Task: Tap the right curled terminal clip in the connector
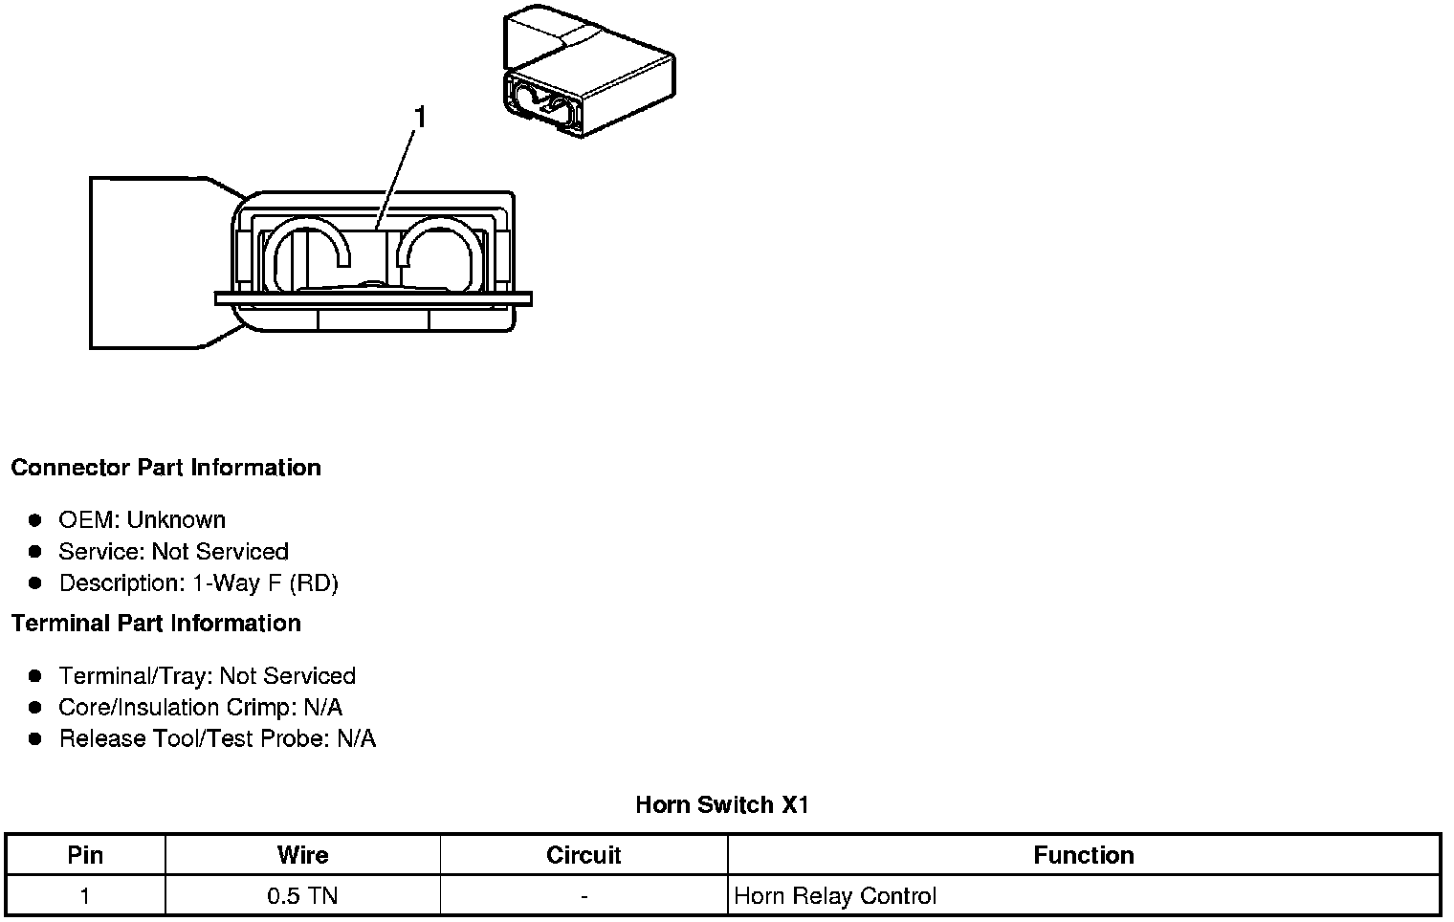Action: tap(438, 252)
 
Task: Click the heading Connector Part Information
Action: tap(165, 468)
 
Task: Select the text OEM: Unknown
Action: tap(142, 520)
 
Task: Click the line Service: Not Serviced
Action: tap(173, 552)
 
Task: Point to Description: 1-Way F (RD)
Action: tap(198, 583)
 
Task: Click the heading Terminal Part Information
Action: tap(156, 624)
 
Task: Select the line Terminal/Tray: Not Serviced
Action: tap(207, 676)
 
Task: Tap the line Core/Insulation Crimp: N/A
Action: tap(200, 708)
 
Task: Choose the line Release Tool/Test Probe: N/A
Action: tap(217, 739)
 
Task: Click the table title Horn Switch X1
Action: tap(722, 805)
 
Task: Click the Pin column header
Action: tap(85, 855)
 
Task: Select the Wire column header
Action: tap(302, 855)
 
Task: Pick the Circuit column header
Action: tap(584, 855)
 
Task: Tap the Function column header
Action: tap(1084, 855)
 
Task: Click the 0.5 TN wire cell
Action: tap(302, 896)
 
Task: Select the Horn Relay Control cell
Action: tap(835, 896)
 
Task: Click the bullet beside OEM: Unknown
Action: tap(35, 520)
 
